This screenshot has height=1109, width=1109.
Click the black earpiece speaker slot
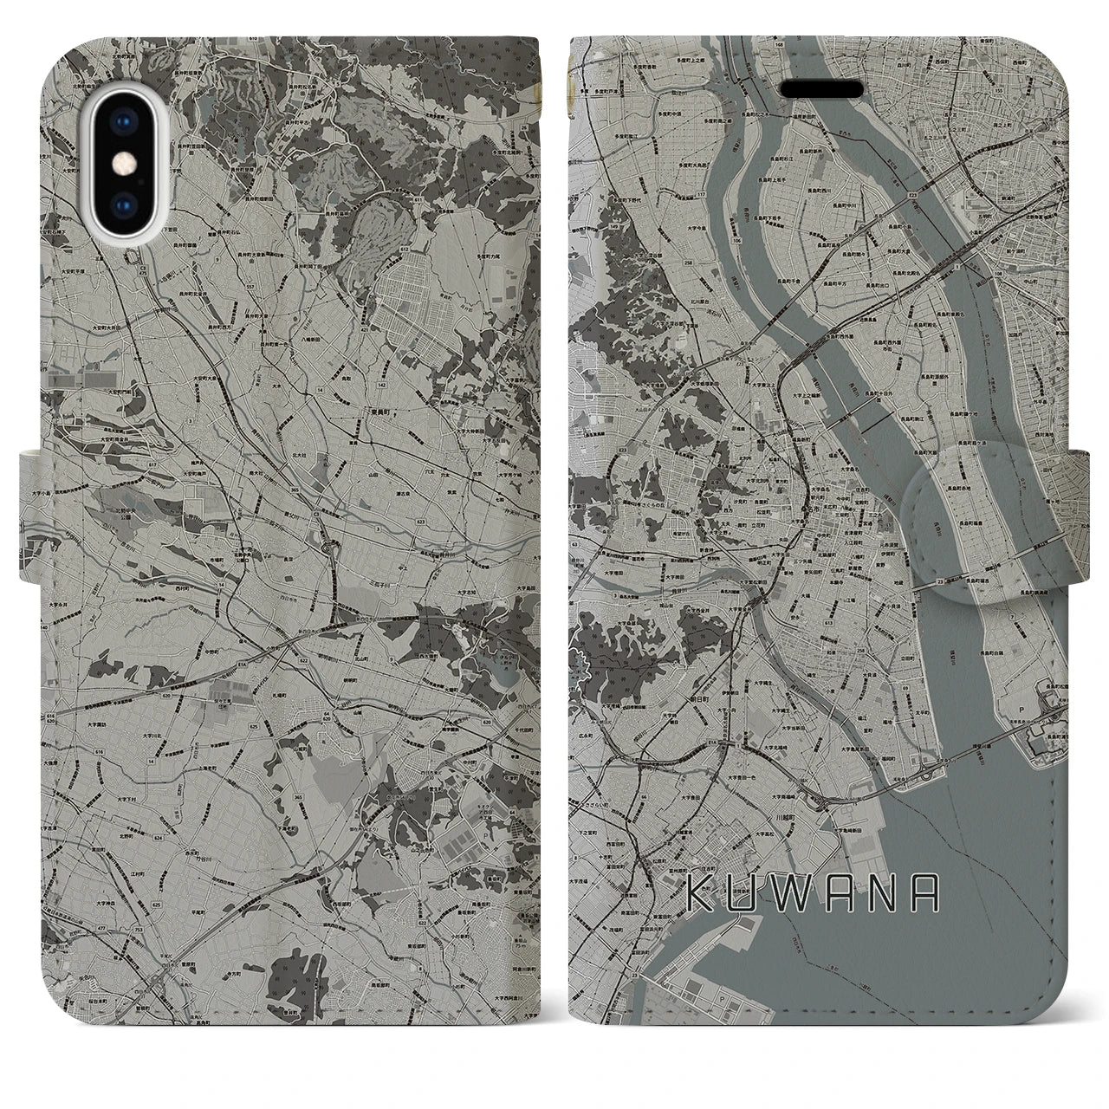tap(822, 89)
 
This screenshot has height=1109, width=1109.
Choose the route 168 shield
tap(756, 43)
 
